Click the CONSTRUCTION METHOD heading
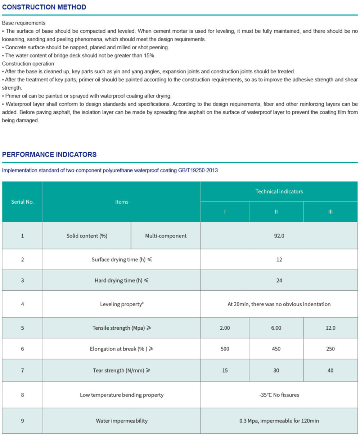(44, 7)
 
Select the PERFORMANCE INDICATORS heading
(49, 154)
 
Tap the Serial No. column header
(22, 202)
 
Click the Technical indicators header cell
(279, 191)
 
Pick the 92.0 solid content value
(279, 236)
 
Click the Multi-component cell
(166, 236)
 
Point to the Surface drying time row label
(121, 260)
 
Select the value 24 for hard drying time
(279, 281)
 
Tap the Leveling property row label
(121, 304)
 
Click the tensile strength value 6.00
(276, 328)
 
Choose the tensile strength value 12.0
(330, 328)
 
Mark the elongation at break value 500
(225, 349)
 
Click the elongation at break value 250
(330, 349)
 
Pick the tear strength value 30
(276, 371)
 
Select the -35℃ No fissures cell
(279, 395)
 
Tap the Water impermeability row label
(121, 421)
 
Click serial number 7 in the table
(22, 371)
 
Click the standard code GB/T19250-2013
(198, 171)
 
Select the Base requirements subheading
(24, 23)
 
